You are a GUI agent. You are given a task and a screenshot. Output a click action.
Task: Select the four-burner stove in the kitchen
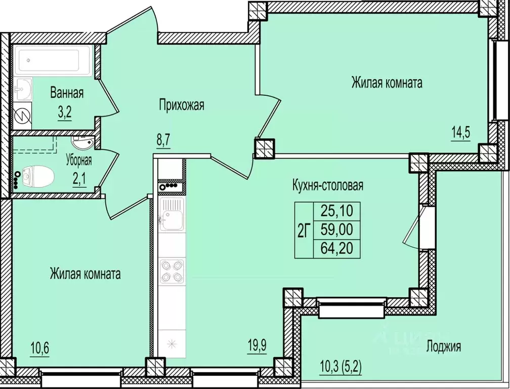[x=172, y=271]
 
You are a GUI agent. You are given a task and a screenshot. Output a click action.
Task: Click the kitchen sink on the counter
[x=172, y=214]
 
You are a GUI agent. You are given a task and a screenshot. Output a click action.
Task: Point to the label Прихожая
[x=182, y=105]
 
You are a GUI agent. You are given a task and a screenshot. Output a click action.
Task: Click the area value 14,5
[x=460, y=133]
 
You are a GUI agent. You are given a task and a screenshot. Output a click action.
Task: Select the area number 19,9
[x=257, y=346]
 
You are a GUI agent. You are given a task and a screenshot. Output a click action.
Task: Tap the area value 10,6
[x=39, y=349]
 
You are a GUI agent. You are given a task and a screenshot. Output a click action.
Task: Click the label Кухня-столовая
[x=327, y=185]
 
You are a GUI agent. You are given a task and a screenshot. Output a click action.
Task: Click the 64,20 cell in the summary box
[x=337, y=249]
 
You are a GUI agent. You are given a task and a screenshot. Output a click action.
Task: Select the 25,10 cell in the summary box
[x=337, y=211]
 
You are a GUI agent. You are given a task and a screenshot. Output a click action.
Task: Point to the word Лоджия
[x=444, y=346]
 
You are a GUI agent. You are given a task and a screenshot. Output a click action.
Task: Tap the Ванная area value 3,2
[x=65, y=113]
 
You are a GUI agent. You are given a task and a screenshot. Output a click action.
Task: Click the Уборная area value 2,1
[x=79, y=179]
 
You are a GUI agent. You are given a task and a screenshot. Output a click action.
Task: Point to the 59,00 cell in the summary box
[x=337, y=230]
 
